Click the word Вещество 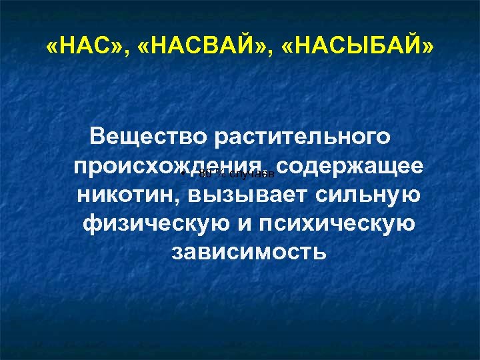point(147,138)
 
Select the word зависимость point(249,253)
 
